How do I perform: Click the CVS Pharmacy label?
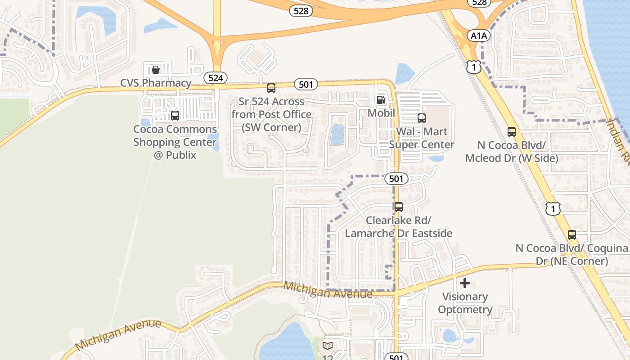point(156,83)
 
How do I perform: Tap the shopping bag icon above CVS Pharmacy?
point(155,70)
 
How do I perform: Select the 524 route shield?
point(216,78)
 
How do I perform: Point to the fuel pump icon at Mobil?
point(381,100)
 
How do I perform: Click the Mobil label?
point(381,113)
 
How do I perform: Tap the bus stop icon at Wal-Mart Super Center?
point(422,118)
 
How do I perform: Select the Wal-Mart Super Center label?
point(422,138)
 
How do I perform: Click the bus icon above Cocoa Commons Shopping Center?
point(175,116)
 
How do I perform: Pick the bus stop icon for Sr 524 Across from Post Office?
point(271,88)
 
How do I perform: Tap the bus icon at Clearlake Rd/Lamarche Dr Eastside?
point(399,207)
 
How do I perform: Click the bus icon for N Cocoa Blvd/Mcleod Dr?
point(512,132)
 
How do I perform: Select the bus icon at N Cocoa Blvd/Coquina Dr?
point(572,235)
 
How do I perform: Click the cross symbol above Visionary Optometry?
point(465,283)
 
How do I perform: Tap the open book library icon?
point(328,346)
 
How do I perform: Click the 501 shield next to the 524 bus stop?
point(306,84)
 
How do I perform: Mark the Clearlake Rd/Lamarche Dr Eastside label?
point(399,227)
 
